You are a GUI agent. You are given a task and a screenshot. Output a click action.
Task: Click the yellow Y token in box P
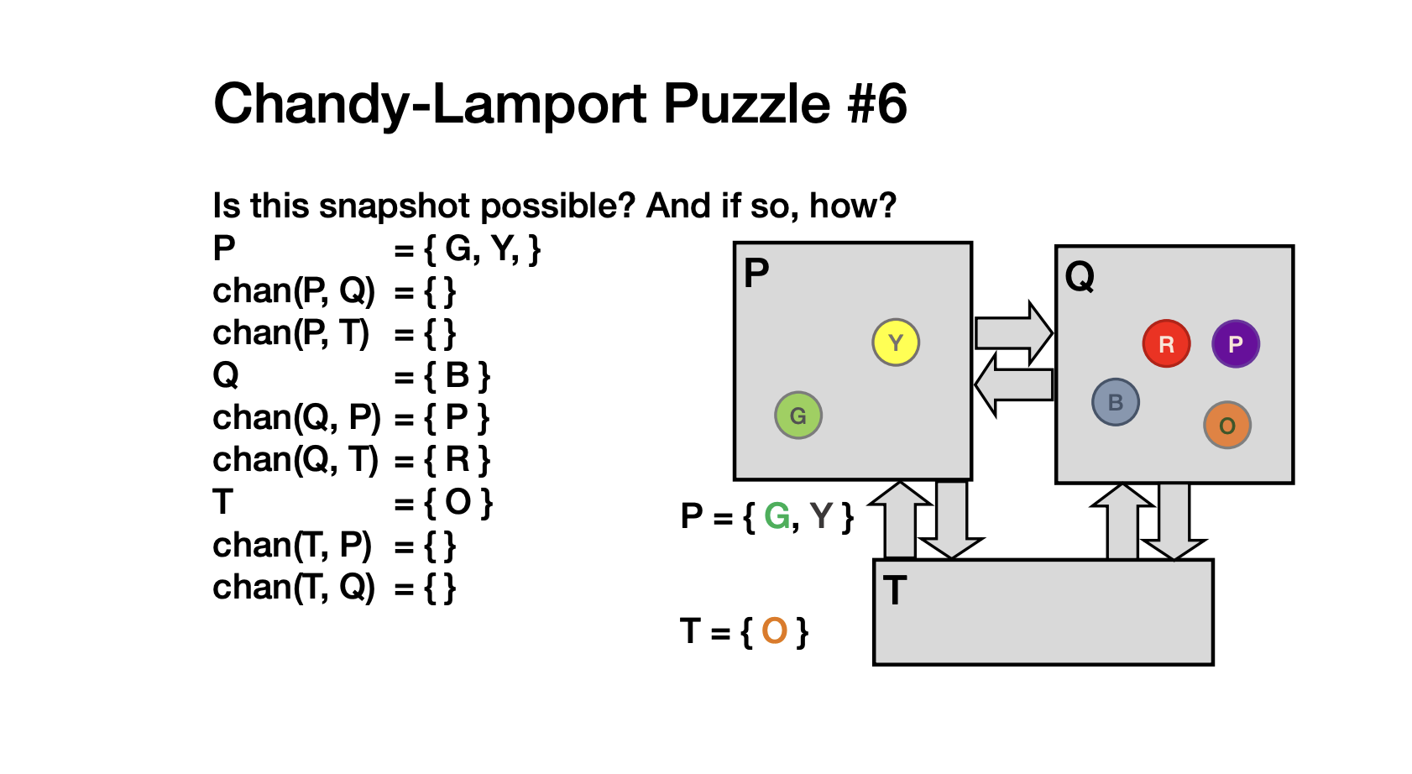click(x=896, y=343)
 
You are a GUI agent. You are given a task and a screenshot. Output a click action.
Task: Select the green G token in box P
click(x=798, y=415)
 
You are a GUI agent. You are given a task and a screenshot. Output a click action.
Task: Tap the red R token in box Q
click(x=1166, y=343)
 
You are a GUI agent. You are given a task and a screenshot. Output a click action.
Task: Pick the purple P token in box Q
click(x=1235, y=343)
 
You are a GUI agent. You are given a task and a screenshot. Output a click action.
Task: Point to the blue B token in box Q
click(x=1115, y=402)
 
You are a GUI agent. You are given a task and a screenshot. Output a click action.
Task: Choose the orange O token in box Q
click(x=1226, y=425)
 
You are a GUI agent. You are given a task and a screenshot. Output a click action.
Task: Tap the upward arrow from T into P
click(x=900, y=520)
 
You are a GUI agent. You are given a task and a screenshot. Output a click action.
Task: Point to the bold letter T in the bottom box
click(x=895, y=590)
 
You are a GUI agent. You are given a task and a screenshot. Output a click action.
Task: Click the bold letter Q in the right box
click(x=1080, y=275)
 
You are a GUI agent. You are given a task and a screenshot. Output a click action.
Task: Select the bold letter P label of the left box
click(x=756, y=273)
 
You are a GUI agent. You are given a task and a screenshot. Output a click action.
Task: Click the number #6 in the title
click(x=876, y=104)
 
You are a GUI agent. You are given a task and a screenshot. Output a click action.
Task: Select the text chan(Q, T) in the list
click(x=295, y=460)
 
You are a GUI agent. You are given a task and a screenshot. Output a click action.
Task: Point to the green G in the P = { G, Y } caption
click(x=777, y=516)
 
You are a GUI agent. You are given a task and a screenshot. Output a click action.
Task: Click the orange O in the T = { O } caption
click(x=774, y=630)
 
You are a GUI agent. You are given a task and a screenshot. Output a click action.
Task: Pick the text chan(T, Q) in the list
click(x=294, y=588)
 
